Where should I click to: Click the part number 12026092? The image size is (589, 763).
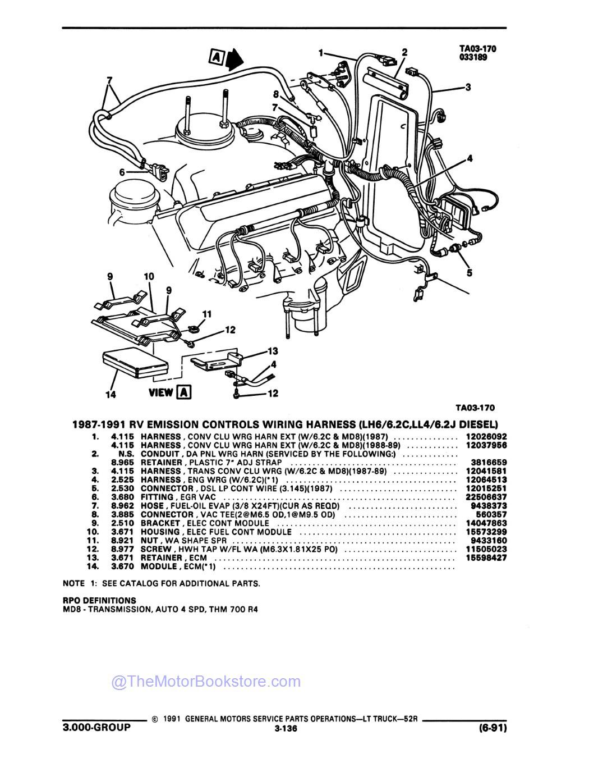coord(486,436)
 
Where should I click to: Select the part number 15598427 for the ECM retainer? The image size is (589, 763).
coord(486,558)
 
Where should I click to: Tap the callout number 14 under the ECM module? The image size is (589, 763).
coord(111,395)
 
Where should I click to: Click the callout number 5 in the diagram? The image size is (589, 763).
coord(469,273)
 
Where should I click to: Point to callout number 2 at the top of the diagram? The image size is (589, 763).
coord(404,52)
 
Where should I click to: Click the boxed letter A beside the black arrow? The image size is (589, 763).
coord(216,56)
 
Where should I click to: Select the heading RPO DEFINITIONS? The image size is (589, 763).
coord(99,600)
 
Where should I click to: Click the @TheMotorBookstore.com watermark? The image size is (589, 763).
coord(206,682)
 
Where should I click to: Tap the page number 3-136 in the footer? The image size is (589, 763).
coord(286,729)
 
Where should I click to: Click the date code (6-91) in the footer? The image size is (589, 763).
coord(491,728)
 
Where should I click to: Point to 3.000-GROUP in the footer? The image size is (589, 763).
coord(96,727)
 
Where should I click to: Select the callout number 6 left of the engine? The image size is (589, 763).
coord(122,172)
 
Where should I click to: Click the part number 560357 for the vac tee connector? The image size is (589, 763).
coord(491,514)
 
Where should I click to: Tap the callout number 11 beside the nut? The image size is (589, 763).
coord(206,313)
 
